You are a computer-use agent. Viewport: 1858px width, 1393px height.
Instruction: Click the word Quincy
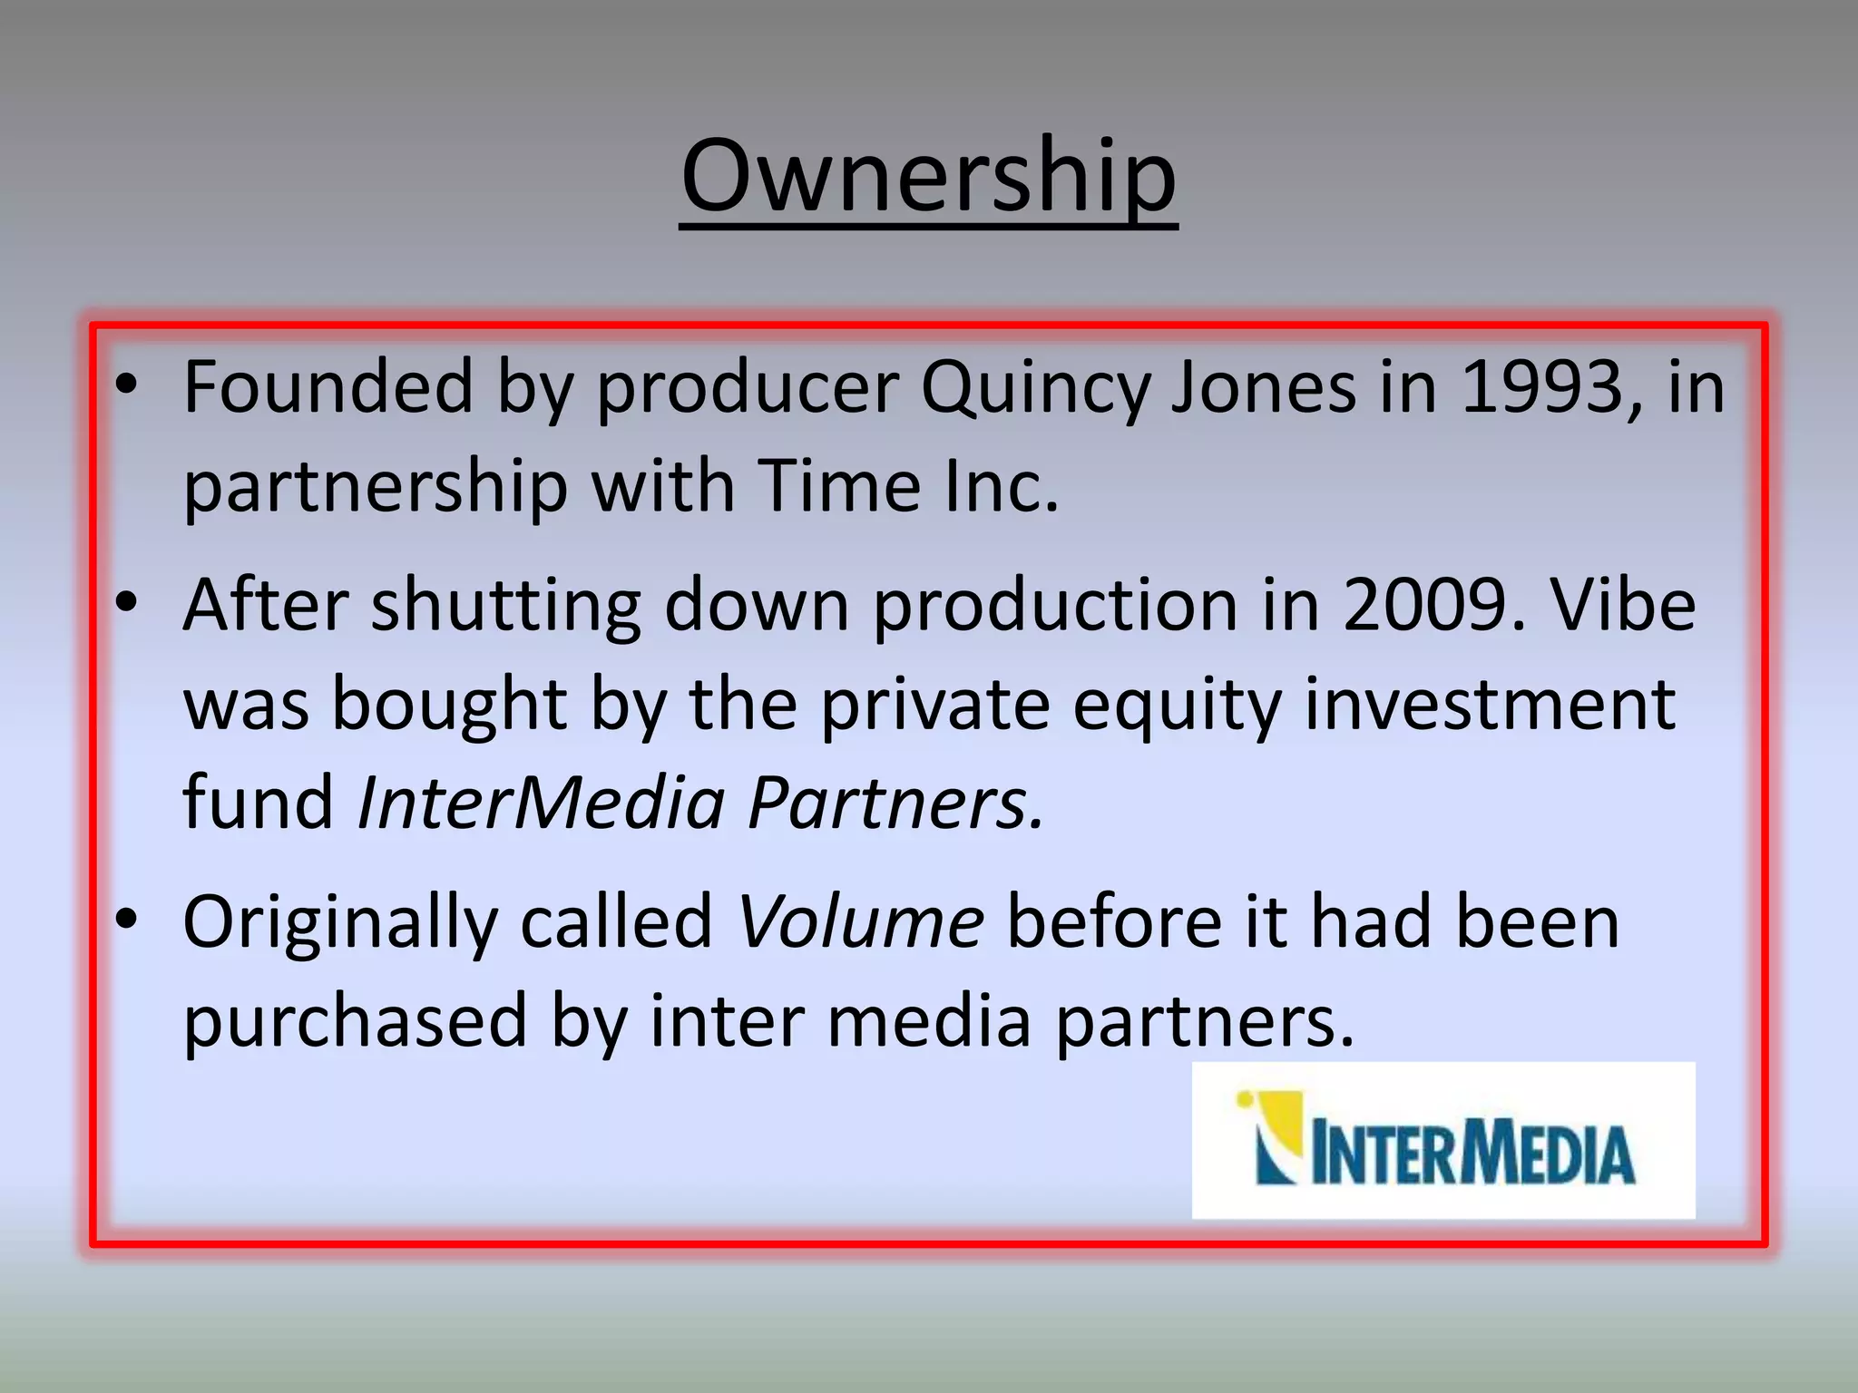click(1034, 388)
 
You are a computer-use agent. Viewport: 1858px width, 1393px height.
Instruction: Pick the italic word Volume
click(860, 922)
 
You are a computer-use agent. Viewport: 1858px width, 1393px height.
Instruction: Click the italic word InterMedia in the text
click(541, 803)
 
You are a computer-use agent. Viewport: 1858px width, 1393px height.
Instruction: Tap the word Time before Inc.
click(839, 486)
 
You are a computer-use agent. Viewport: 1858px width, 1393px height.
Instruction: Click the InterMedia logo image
click(1442, 1140)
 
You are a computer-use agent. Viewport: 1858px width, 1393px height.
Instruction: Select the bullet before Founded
click(127, 386)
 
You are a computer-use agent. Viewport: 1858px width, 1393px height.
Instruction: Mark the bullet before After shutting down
click(127, 602)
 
